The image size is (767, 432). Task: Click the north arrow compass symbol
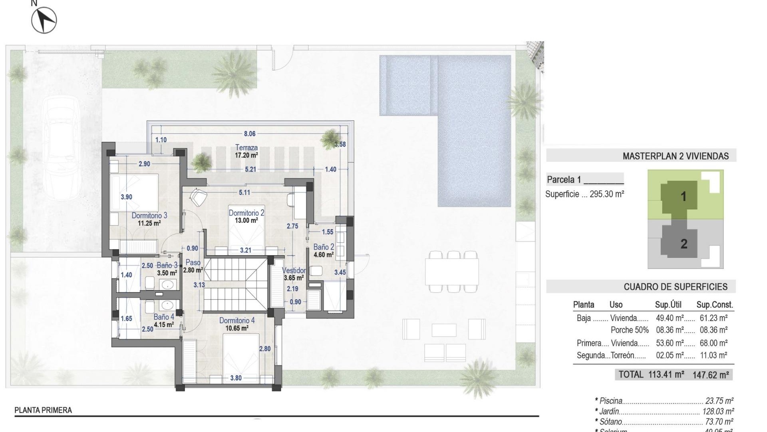point(44,20)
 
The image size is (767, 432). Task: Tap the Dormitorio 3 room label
point(149,216)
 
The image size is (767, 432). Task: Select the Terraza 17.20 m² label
point(246,148)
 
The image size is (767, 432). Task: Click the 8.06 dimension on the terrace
point(250,134)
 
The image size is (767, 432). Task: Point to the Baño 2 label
point(324,247)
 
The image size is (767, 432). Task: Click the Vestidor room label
point(294,270)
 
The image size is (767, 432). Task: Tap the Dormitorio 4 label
point(237,320)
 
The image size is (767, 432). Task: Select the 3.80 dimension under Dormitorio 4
point(236,378)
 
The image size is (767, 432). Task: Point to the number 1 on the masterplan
point(683,196)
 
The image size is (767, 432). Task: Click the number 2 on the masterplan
point(684,244)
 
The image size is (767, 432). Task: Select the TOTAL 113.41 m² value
point(666,374)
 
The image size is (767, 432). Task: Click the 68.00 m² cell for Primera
point(713,343)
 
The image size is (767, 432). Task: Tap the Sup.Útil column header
point(668,305)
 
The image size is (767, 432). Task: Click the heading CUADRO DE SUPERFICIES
point(676,287)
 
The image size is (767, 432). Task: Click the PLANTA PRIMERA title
point(43,410)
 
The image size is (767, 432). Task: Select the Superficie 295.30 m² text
point(584,194)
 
